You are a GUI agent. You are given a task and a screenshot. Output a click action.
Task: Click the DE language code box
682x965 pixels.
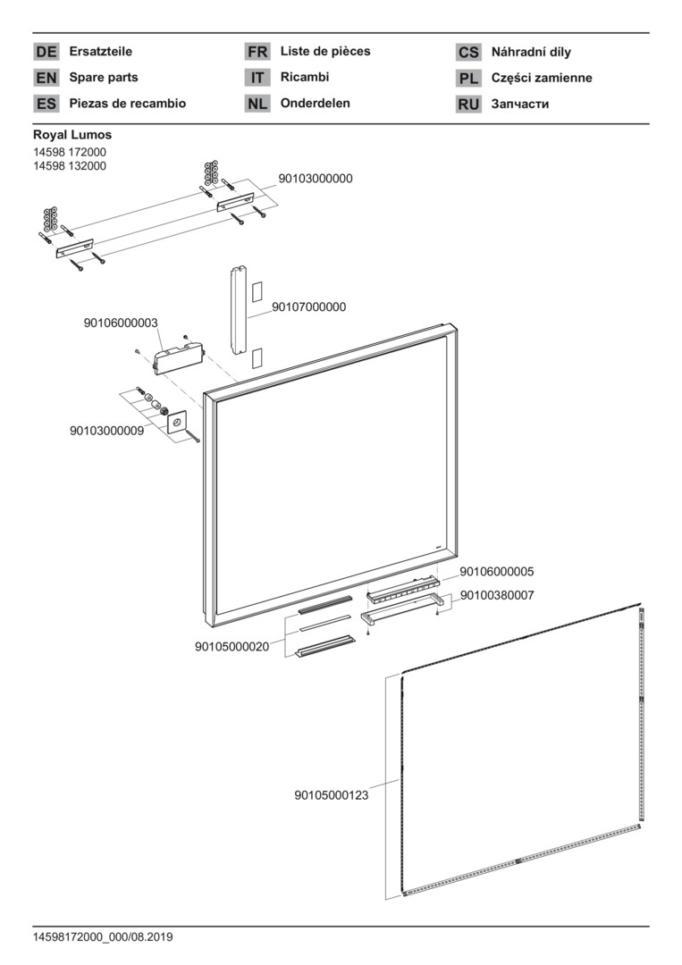[46, 52]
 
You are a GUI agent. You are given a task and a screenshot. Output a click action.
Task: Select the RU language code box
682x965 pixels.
[468, 104]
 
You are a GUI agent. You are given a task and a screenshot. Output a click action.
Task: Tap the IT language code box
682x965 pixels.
[257, 78]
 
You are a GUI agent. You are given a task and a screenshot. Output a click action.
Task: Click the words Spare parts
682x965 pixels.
[104, 78]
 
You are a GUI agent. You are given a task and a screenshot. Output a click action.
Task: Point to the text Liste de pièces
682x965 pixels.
[325, 52]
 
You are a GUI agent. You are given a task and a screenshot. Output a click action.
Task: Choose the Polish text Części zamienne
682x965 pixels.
[542, 78]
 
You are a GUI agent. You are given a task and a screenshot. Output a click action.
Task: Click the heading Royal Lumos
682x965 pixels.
[72, 135]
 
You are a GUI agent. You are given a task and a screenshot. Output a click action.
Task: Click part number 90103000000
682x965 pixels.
[316, 179]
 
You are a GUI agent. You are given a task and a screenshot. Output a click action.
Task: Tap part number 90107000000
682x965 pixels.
[308, 307]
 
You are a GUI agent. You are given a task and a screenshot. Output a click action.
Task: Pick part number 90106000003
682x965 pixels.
[122, 323]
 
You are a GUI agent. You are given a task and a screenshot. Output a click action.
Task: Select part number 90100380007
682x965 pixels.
[497, 595]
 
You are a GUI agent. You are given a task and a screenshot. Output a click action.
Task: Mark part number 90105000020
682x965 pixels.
[232, 647]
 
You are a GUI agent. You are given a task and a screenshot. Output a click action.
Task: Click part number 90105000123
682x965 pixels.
[332, 793]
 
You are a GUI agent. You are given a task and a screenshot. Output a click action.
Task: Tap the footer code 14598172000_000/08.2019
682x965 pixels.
[103, 937]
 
